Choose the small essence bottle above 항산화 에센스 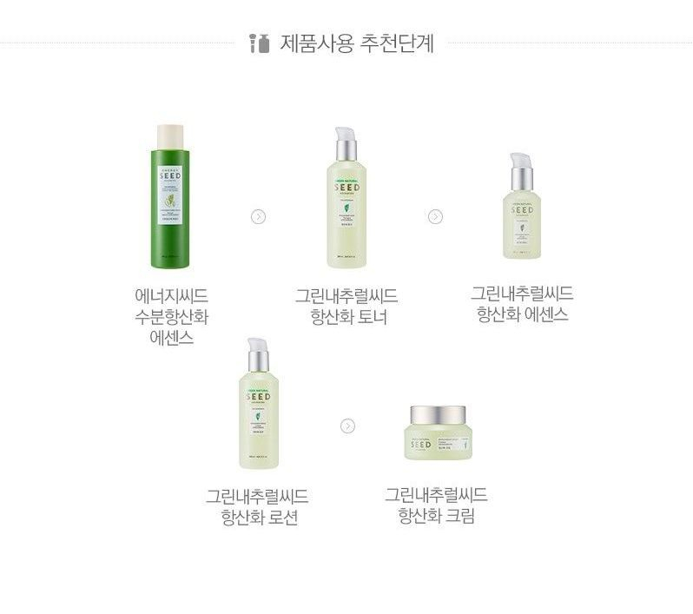[521, 217]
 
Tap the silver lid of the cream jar [436, 414]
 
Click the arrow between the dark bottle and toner [258, 216]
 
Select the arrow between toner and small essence [435, 216]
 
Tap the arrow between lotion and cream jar [347, 426]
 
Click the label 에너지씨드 [171, 295]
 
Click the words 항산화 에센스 [523, 314]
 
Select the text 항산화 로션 [259, 518]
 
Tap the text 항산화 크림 [436, 517]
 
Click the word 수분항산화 [171, 316]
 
